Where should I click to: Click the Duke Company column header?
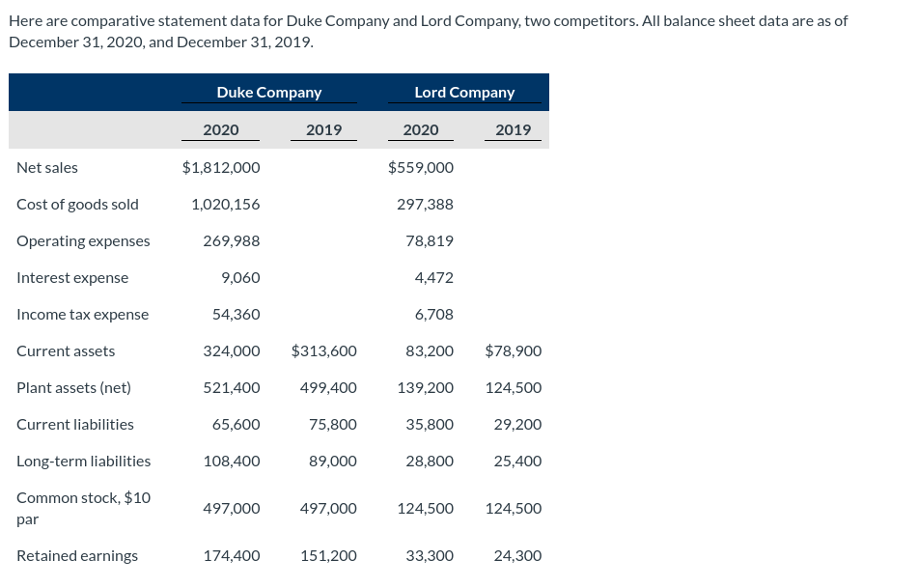(268, 93)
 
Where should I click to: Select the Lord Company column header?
(464, 93)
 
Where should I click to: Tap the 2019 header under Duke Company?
(323, 130)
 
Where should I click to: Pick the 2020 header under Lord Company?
(421, 130)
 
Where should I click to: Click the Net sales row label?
(47, 168)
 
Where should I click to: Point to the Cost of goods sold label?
(77, 205)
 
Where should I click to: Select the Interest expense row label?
(72, 278)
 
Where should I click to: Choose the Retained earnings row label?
(77, 556)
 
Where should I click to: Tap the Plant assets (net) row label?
(73, 388)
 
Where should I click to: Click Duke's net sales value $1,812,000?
(221, 168)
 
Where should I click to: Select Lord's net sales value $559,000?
(421, 168)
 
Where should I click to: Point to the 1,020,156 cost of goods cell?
(226, 205)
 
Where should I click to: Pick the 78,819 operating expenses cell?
(430, 241)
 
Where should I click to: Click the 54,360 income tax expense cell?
(236, 315)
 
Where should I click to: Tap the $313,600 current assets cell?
(323, 351)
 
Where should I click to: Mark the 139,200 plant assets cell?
(426, 388)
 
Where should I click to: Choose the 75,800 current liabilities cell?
(333, 425)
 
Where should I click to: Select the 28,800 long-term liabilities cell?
(430, 462)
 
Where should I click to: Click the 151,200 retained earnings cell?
(328, 556)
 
